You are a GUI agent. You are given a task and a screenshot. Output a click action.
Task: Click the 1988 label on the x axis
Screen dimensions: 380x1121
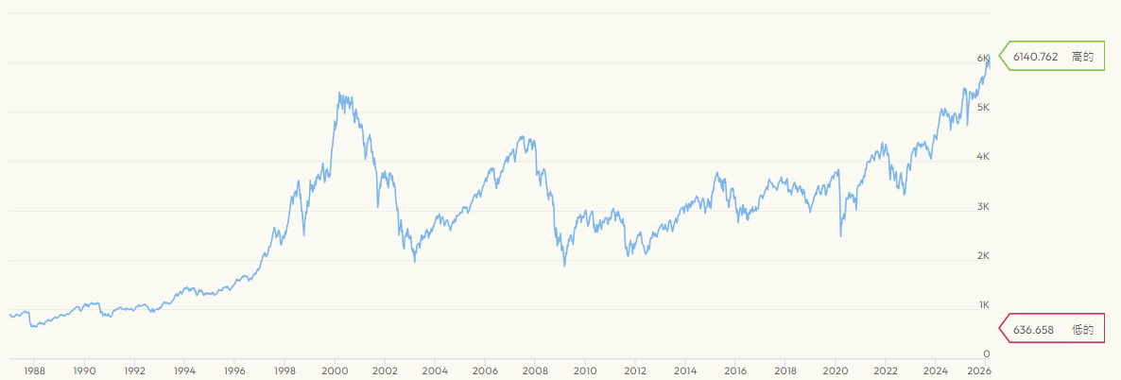pos(35,371)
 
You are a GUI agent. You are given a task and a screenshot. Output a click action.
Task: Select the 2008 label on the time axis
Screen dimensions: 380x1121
pos(535,371)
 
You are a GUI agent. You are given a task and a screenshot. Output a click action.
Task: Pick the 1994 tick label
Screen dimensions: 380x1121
pos(185,371)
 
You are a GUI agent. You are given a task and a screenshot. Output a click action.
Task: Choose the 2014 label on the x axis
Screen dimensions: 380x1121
pos(685,371)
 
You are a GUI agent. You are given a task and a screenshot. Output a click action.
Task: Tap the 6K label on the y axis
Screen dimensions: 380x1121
pos(983,59)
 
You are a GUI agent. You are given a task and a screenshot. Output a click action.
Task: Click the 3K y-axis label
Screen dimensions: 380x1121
pos(983,207)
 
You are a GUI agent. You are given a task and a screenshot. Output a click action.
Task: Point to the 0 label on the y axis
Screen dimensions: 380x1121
pos(986,354)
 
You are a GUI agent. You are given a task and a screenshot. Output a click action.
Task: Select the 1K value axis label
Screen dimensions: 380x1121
pos(983,305)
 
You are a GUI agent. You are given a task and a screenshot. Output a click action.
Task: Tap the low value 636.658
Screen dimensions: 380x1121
pos(1032,329)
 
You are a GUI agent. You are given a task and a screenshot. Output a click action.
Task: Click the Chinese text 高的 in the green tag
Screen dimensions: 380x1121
pos(1082,58)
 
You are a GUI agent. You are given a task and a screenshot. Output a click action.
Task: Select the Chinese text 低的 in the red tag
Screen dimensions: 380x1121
pos(1082,329)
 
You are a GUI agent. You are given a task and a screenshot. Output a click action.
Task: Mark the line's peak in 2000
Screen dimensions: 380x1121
pos(338,93)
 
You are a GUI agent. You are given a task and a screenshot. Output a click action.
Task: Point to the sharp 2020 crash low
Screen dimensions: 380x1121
pos(840,236)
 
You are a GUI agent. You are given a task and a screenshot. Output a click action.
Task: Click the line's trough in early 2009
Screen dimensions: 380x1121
pos(564,266)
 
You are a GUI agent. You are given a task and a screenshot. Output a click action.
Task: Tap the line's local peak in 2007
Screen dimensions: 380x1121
pos(522,137)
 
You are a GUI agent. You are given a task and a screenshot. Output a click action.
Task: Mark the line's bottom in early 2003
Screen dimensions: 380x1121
pos(415,261)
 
